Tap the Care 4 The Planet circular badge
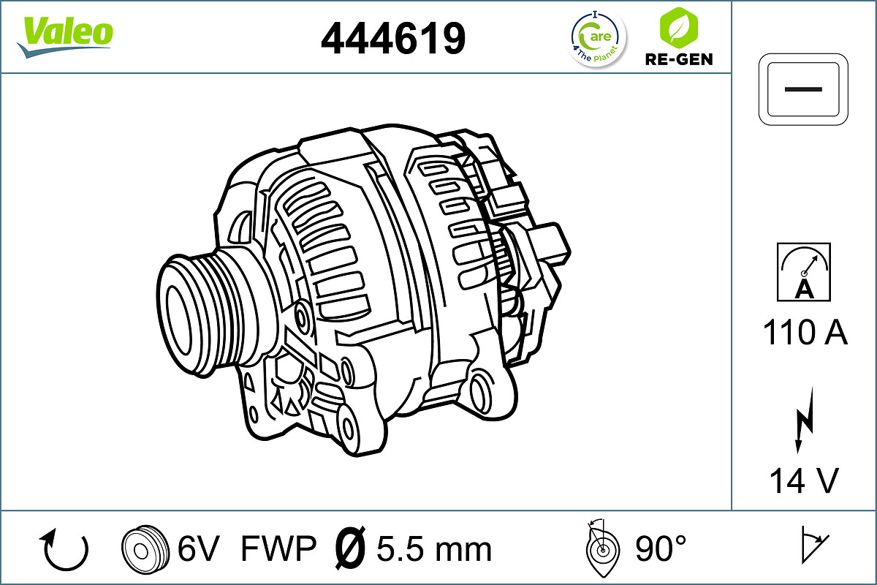pyautogui.click(x=597, y=38)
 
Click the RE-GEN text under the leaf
pyautogui.click(x=678, y=59)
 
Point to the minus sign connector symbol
pyautogui.click(x=804, y=88)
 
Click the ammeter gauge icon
pyautogui.click(x=804, y=272)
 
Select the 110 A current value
pyautogui.click(x=805, y=333)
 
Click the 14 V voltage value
pyautogui.click(x=804, y=481)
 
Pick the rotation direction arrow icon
pyautogui.click(x=65, y=549)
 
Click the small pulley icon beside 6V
pyautogui.click(x=141, y=548)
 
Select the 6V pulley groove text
pyautogui.click(x=198, y=548)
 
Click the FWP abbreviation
pyautogui.click(x=278, y=548)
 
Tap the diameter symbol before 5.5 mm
pyautogui.click(x=349, y=548)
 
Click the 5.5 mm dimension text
pyautogui.click(x=434, y=548)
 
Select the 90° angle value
pyautogui.click(x=661, y=548)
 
